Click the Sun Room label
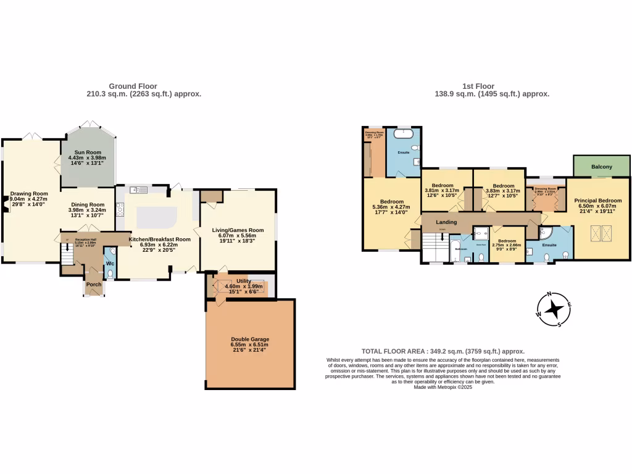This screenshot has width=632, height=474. pyautogui.click(x=87, y=152)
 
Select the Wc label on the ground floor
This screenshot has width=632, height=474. pyautogui.click(x=110, y=264)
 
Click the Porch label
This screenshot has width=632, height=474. pyautogui.click(x=94, y=285)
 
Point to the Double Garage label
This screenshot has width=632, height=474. pyautogui.click(x=250, y=339)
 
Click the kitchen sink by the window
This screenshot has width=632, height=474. pyautogui.click(x=138, y=189)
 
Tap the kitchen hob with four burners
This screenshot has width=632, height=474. pyautogui.click(x=120, y=210)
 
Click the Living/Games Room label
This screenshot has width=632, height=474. pyautogui.click(x=238, y=230)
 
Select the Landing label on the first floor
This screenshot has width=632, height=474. pyautogui.click(x=446, y=222)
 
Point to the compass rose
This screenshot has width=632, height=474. pyautogui.click(x=554, y=309)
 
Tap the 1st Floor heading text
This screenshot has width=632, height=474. pyautogui.click(x=479, y=86)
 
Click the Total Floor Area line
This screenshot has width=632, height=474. pyautogui.click(x=443, y=350)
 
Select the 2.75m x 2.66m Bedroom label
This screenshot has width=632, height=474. pyautogui.click(x=507, y=241)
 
